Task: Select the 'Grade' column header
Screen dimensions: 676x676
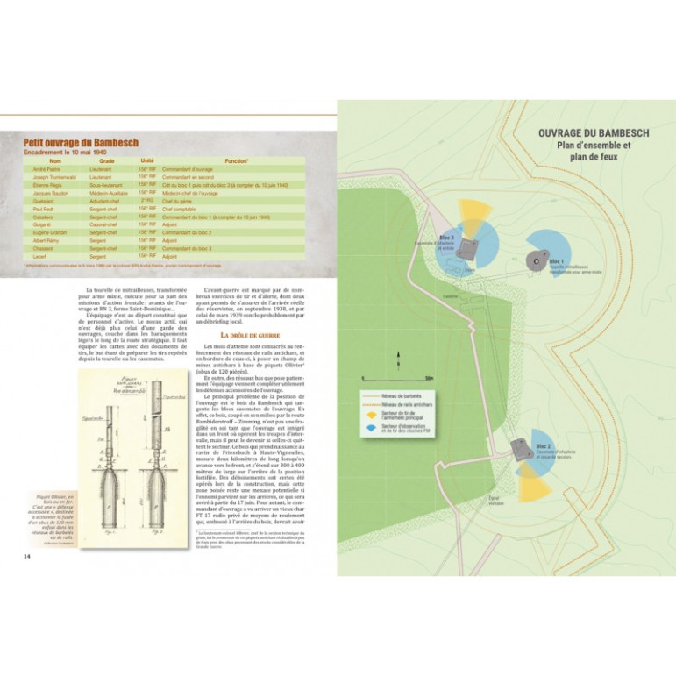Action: pos(107,161)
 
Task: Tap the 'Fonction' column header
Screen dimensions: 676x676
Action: pos(235,161)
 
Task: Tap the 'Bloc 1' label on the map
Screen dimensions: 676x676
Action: pos(557,261)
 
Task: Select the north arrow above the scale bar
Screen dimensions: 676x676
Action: pos(398,353)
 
